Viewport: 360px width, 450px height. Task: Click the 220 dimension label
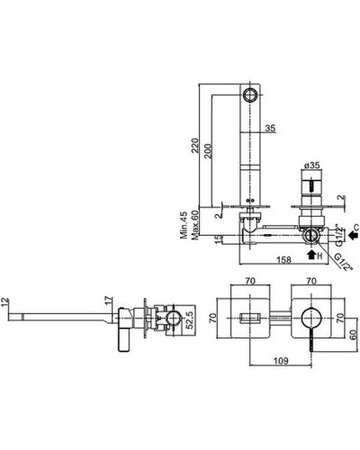point(195,146)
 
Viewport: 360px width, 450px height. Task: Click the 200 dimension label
point(208,151)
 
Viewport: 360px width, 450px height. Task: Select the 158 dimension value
point(283,259)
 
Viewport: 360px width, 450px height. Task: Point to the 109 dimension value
point(281,360)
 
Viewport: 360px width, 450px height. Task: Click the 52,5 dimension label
point(190,320)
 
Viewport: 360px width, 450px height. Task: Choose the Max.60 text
point(195,225)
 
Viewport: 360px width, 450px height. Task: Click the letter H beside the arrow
point(319,256)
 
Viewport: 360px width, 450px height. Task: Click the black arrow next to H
point(311,255)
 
